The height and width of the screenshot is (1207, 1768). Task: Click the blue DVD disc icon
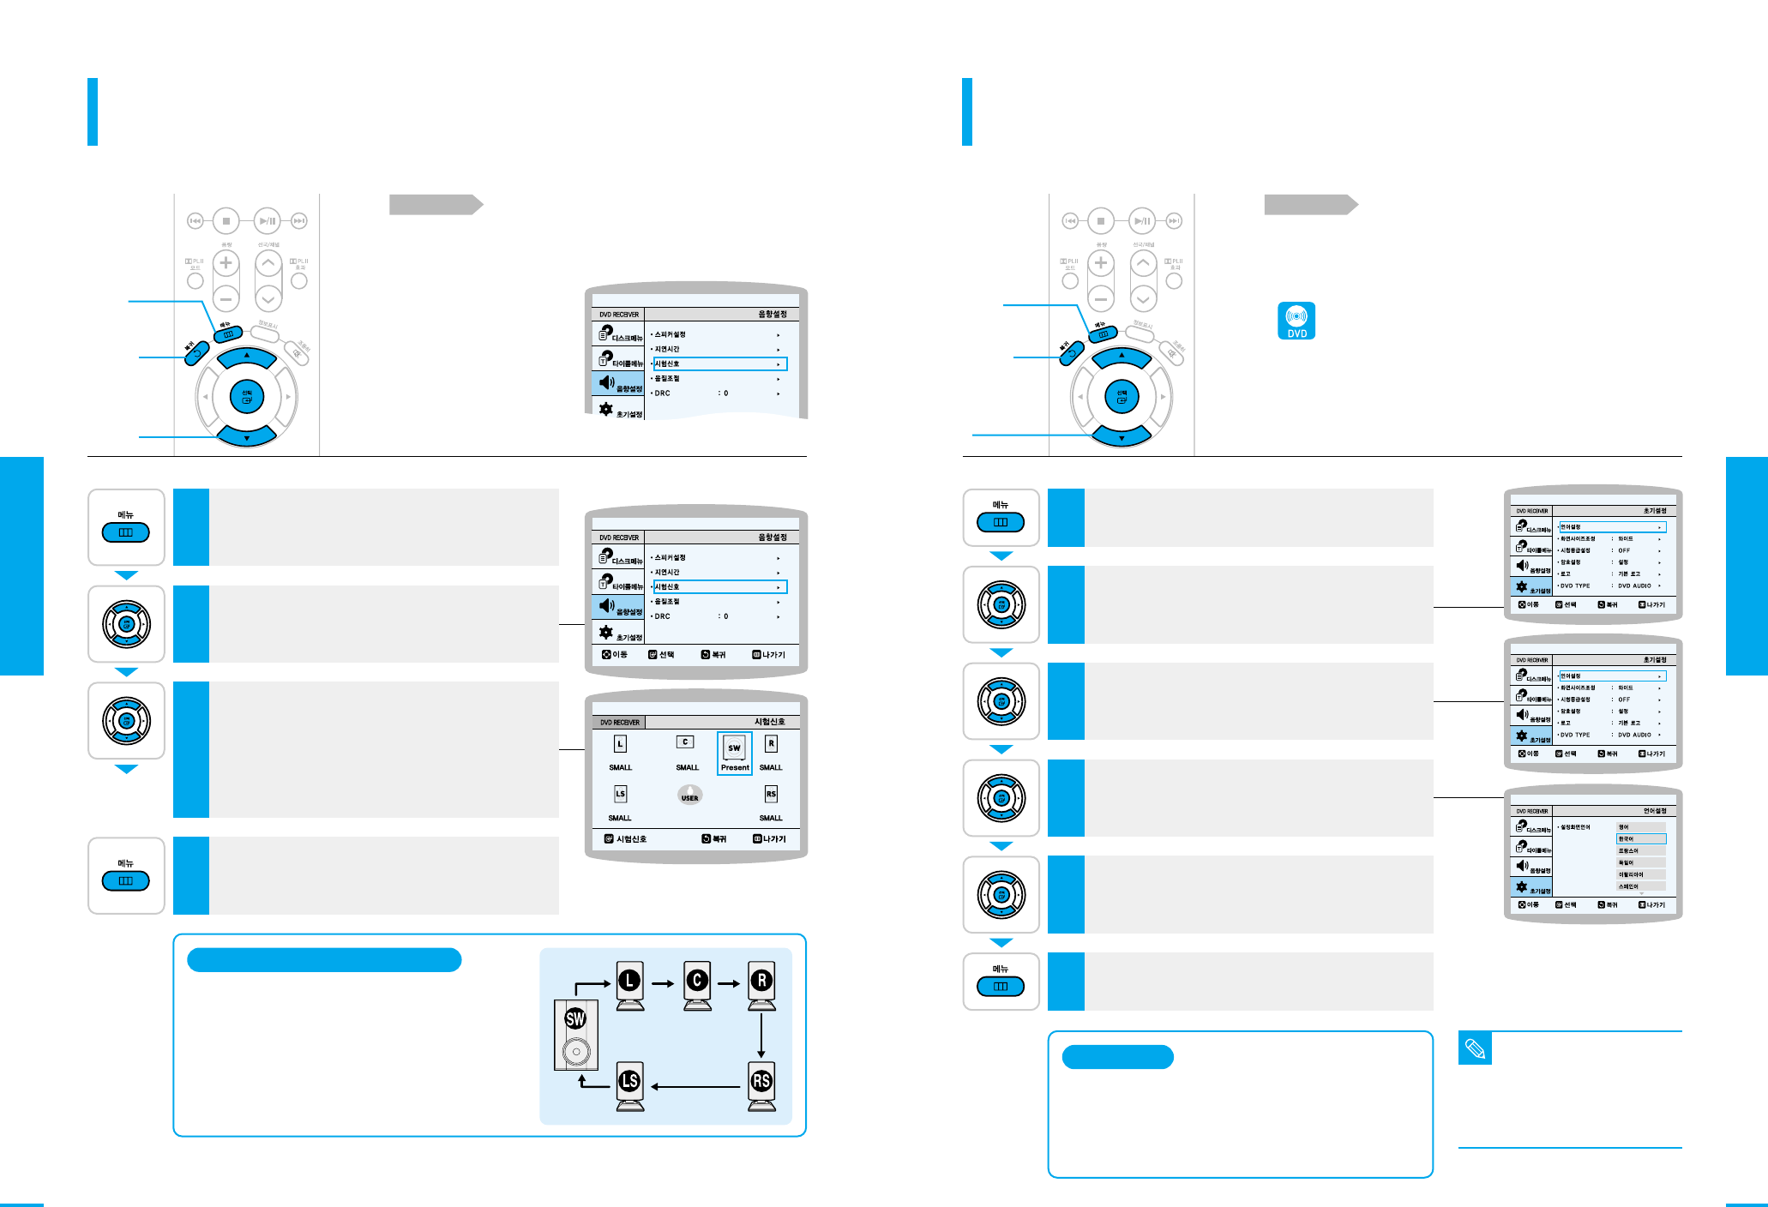[x=1296, y=321]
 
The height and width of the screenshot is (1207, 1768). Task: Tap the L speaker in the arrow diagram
[x=630, y=985]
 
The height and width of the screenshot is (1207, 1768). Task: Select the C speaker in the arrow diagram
[x=697, y=985]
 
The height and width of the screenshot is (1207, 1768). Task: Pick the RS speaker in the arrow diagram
[x=761, y=1085]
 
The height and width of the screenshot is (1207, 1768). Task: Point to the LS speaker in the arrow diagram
[x=630, y=1085]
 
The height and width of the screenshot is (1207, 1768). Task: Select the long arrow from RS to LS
[x=695, y=1087]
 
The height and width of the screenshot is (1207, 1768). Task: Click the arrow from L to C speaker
[x=663, y=983]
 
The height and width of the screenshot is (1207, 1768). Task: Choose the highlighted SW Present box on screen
[x=735, y=754]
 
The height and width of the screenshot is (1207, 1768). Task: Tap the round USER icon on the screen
[x=689, y=795]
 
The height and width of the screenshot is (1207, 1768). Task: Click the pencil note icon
[x=1475, y=1048]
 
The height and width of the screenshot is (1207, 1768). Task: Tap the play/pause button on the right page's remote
[x=1142, y=221]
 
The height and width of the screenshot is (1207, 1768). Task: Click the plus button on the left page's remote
[x=226, y=262]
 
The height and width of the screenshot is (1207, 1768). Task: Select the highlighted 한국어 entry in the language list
[x=1640, y=838]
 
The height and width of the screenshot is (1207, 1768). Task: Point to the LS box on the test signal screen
[x=620, y=794]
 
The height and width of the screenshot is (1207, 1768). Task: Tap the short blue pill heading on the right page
[x=1117, y=1057]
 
